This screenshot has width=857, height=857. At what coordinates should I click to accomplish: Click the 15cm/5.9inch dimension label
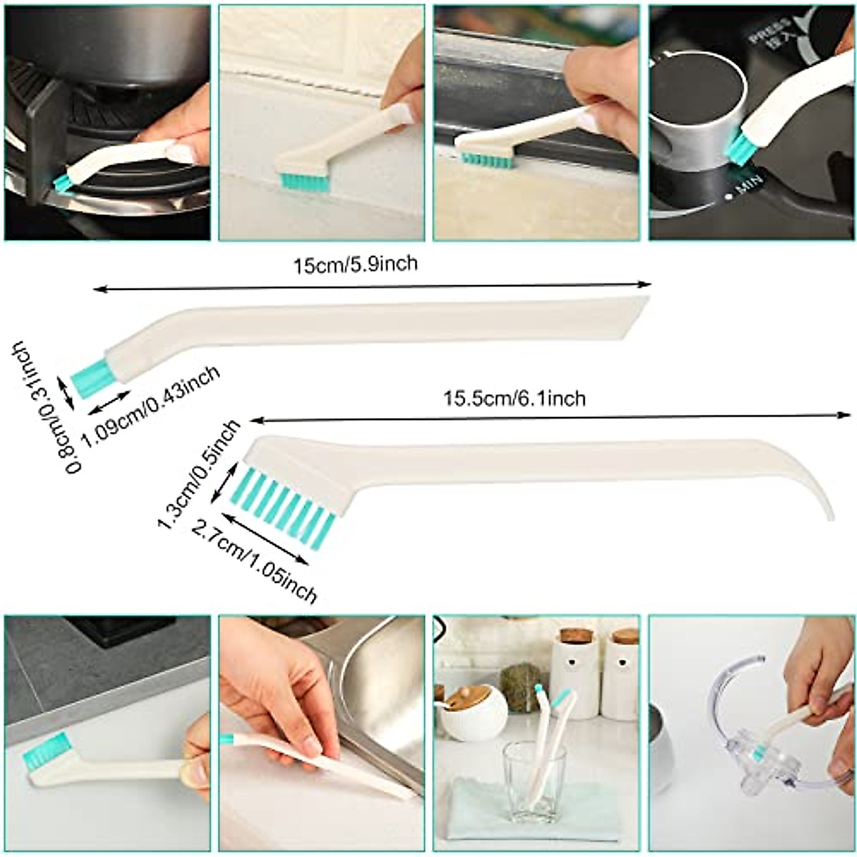(356, 266)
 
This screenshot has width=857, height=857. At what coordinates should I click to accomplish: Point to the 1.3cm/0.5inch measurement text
(198, 475)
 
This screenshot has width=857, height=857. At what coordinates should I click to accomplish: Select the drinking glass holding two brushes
(534, 775)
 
